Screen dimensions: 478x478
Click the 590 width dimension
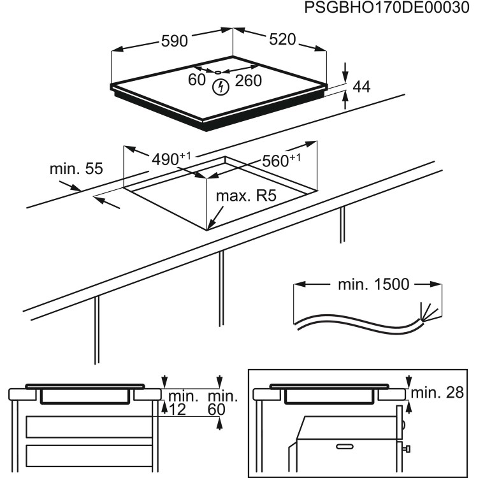click(174, 41)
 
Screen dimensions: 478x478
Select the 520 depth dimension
click(282, 40)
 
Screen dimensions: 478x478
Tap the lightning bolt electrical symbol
click(220, 87)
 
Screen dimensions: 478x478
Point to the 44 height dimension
click(361, 88)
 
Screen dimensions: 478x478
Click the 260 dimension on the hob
click(249, 80)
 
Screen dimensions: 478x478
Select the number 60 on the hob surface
click(197, 80)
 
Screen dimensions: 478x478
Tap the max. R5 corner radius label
click(246, 196)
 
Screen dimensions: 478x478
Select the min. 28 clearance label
click(437, 393)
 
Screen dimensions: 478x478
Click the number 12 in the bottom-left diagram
click(178, 410)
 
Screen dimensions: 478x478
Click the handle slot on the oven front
click(345, 442)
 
